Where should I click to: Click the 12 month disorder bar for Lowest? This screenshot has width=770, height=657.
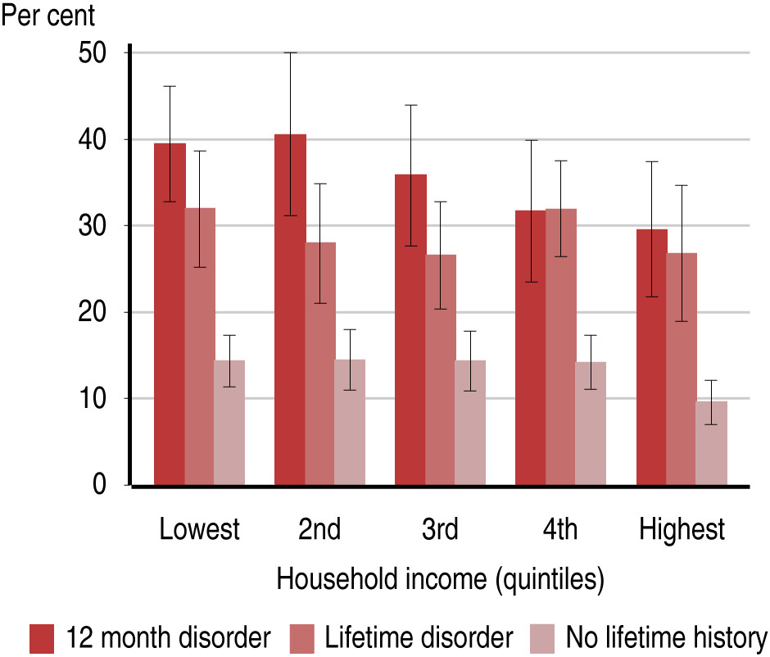pyautogui.click(x=170, y=315)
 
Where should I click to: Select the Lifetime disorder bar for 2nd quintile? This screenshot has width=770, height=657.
pyautogui.click(x=320, y=364)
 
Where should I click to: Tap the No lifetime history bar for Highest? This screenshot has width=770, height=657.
pyautogui.click(x=712, y=443)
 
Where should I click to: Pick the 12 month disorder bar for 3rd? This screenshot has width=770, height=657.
pyautogui.click(x=410, y=330)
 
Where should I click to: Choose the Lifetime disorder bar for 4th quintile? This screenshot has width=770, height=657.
pyautogui.click(x=561, y=347)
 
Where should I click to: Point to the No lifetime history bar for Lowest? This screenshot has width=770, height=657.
pyautogui.click(x=229, y=423)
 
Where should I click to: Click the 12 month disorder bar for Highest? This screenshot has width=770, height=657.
pyautogui.click(x=652, y=357)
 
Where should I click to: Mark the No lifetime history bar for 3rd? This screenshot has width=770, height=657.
pyautogui.click(x=470, y=423)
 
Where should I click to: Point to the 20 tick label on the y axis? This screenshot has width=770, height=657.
pyautogui.click(x=93, y=312)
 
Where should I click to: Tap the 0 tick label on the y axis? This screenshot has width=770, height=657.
pyautogui.click(x=99, y=484)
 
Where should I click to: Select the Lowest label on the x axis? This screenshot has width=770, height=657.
pyautogui.click(x=199, y=529)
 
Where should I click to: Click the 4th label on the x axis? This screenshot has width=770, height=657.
pyautogui.click(x=560, y=529)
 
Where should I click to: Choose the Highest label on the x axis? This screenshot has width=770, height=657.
pyautogui.click(x=682, y=529)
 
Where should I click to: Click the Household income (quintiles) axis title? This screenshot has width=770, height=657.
pyautogui.click(x=441, y=579)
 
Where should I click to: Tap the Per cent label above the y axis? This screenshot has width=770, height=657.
pyautogui.click(x=48, y=15)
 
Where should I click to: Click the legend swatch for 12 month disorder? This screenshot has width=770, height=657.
pyautogui.click(x=42, y=639)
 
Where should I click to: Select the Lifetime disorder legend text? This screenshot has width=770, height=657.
pyautogui.click(x=419, y=637)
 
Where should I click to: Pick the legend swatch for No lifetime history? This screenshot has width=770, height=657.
pyautogui.click(x=542, y=639)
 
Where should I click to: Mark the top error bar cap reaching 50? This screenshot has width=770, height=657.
pyautogui.click(x=290, y=52)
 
